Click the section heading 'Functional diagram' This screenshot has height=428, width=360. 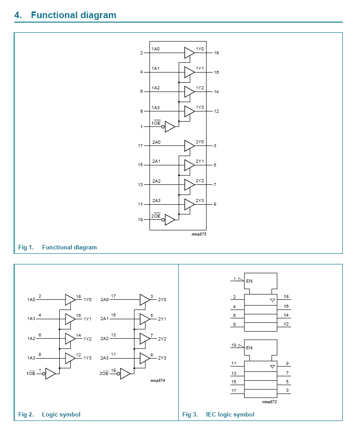pos(73,15)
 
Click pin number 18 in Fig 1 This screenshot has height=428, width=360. pos(216,53)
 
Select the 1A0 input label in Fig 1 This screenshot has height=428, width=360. pos(156,49)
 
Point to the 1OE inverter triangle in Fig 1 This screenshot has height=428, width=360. pos(169,127)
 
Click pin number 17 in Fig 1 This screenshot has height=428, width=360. pos(140,145)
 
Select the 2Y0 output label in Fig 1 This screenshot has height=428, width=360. pos(200,142)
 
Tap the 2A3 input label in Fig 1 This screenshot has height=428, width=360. pos(156,201)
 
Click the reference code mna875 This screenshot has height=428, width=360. pos(199,234)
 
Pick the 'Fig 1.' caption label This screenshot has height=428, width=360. pos(26,247)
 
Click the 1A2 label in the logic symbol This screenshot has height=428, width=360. pos(31,338)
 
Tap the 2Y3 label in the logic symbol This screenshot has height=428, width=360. pos(162,358)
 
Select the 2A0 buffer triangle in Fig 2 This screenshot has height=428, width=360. pos(145,299)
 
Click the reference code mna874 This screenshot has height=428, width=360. pos(157,380)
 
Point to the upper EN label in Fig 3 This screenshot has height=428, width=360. pos(249,281)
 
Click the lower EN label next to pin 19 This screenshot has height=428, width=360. pos(249,348)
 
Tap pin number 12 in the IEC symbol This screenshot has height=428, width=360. pos(286,324)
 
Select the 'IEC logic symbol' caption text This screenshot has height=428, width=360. pos(230,414)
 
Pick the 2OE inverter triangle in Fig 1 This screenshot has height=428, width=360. pos(169,219)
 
